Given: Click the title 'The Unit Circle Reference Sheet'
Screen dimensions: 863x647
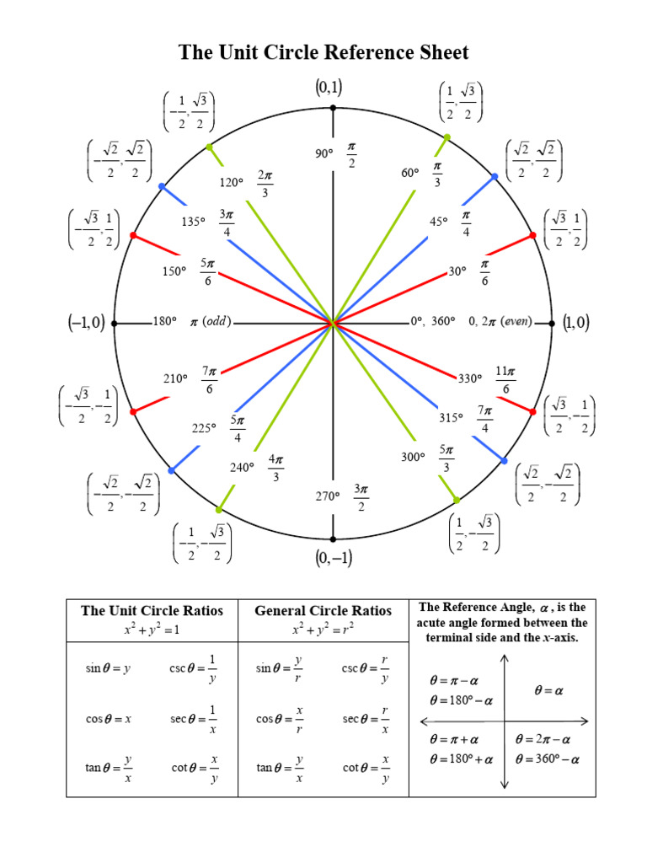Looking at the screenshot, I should (x=323, y=53).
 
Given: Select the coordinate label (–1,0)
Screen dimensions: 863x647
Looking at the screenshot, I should (x=87, y=322).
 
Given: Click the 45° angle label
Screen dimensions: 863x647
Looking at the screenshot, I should (x=439, y=222).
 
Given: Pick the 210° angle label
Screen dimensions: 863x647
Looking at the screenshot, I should (x=175, y=378).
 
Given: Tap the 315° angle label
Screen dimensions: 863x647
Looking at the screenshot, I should (x=452, y=417).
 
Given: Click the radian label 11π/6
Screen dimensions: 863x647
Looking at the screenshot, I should (x=505, y=378).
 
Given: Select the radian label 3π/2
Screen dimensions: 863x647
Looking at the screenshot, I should (x=361, y=496).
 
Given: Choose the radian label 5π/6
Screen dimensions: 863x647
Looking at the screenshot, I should (x=207, y=272).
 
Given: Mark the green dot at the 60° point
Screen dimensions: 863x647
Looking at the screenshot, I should (x=446, y=137).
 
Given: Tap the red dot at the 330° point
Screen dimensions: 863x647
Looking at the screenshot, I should (x=532, y=411).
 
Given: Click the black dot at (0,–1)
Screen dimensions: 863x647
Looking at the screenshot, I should (x=333, y=539).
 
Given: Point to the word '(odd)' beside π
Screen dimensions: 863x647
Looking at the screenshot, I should (x=217, y=321).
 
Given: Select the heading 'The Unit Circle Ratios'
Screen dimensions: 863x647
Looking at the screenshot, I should (x=152, y=610).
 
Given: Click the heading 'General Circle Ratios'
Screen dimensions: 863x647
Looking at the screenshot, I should (x=323, y=610).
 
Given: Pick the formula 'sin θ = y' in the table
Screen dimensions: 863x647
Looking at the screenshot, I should (x=108, y=668).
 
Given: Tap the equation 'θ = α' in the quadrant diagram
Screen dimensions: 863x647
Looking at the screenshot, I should (x=548, y=690).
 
